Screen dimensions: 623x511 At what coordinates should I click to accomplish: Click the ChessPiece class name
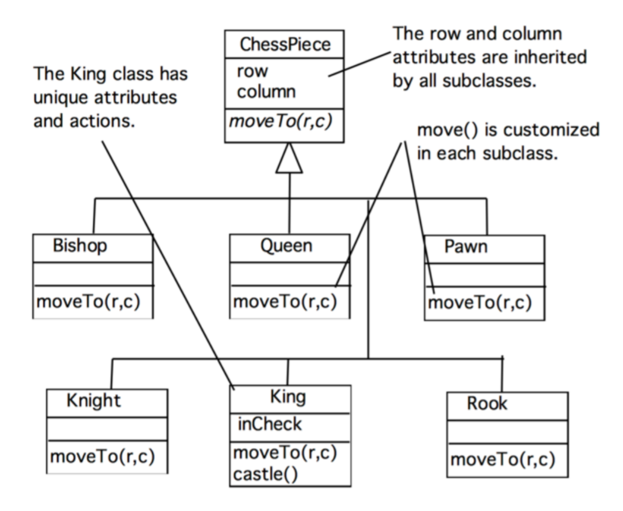(285, 44)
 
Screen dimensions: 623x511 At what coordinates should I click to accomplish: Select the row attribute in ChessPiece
(252, 72)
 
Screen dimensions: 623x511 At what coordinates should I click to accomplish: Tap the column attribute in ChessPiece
(266, 92)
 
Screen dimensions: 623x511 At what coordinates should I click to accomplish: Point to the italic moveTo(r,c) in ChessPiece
(280, 121)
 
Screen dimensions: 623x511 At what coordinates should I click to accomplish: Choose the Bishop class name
(80, 246)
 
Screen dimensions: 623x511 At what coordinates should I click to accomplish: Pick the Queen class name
(286, 246)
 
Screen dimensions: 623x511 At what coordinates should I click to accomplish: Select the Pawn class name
(466, 247)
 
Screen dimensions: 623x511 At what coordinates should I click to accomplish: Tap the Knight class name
(93, 401)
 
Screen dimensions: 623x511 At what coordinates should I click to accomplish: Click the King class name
(288, 397)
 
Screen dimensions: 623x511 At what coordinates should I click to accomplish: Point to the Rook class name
(487, 404)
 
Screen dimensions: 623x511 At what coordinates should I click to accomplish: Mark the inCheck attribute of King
(269, 424)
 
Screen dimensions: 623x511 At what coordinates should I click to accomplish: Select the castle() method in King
(265, 475)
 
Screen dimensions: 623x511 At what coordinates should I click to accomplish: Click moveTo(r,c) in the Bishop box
(88, 302)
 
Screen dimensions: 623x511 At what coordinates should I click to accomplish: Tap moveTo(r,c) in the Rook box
(503, 460)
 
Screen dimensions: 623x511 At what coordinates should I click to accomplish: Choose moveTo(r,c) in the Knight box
(102, 456)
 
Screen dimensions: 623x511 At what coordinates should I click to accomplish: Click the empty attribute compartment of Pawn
(485, 275)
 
